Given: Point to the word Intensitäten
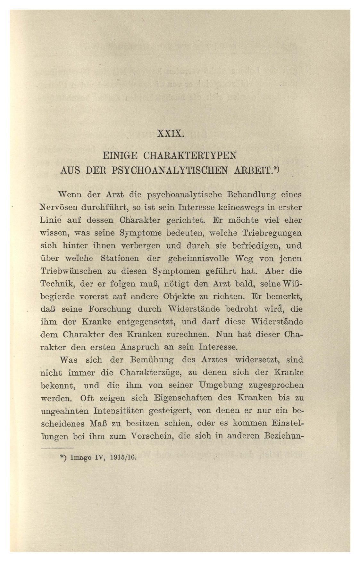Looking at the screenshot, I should click(118, 411).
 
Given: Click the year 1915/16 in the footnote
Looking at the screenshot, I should click(123, 458).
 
